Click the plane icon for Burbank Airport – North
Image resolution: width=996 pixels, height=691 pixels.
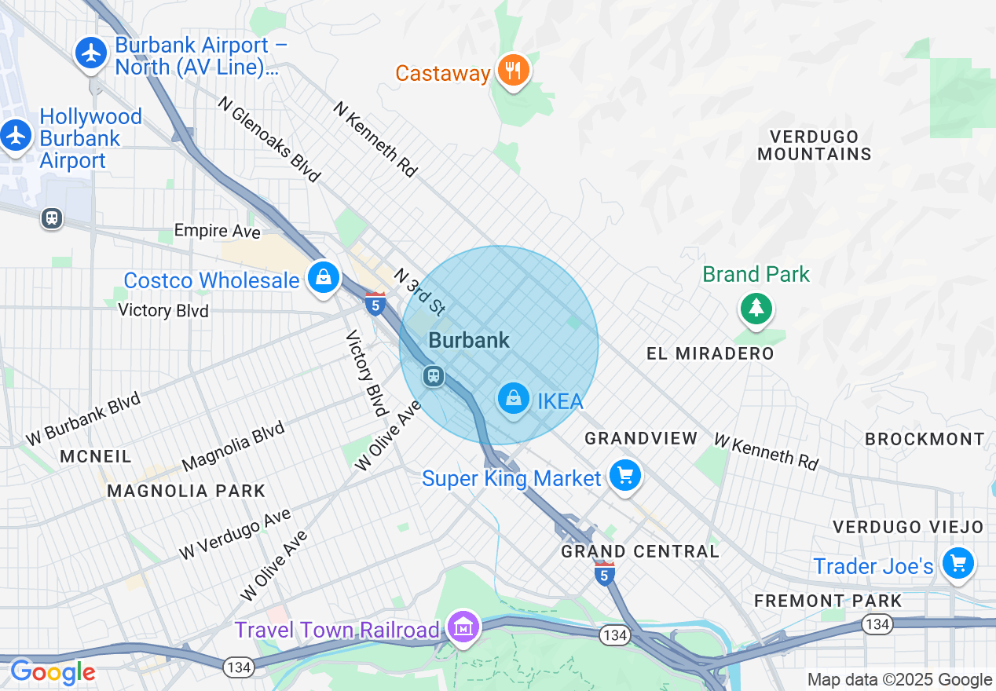pyautogui.click(x=93, y=53)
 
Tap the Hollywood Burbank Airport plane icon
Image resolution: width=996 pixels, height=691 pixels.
pyautogui.click(x=15, y=135)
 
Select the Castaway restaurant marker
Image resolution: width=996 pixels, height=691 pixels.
pyautogui.click(x=514, y=71)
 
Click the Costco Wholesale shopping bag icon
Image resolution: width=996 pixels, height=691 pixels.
pyautogui.click(x=323, y=277)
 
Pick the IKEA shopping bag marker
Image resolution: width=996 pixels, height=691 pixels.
pyautogui.click(x=513, y=399)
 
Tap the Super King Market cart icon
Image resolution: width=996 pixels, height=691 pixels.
pyautogui.click(x=625, y=475)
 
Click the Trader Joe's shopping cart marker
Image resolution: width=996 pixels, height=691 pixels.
pyautogui.click(x=958, y=563)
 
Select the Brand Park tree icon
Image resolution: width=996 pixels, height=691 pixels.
pyautogui.click(x=756, y=308)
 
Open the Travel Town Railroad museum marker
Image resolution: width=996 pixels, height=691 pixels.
pyautogui.click(x=464, y=627)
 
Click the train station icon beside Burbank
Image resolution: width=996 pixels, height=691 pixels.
pyautogui.click(x=433, y=375)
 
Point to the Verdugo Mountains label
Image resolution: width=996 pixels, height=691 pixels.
pyautogui.click(x=815, y=145)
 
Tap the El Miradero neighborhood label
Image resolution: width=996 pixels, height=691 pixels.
pyautogui.click(x=710, y=353)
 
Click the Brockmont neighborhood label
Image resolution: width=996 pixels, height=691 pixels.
pyautogui.click(x=925, y=439)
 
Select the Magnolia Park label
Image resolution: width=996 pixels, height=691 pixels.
pyautogui.click(x=186, y=491)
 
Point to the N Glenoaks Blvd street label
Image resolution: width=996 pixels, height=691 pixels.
pyautogui.click(x=269, y=140)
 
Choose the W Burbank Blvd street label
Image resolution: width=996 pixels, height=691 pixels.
pyautogui.click(x=82, y=418)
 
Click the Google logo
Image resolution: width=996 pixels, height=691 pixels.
pyautogui.click(x=52, y=672)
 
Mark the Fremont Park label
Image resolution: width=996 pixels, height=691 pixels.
pyautogui.click(x=828, y=601)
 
